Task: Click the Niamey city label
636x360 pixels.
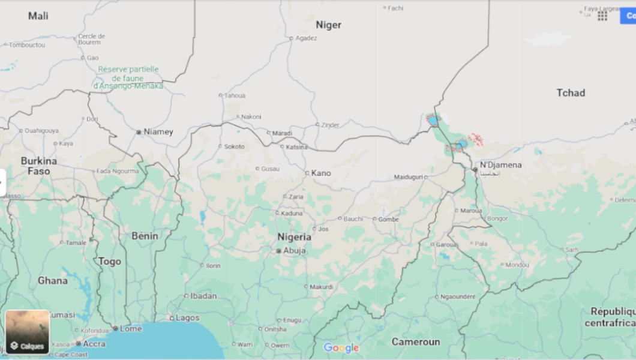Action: point(158,131)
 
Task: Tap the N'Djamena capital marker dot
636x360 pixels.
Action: point(475,170)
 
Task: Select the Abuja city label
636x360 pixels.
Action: point(295,251)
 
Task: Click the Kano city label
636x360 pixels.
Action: point(321,173)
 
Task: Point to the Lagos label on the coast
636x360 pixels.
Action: point(188,318)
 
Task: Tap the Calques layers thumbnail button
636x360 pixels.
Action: point(28,331)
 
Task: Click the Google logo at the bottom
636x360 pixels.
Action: point(341,347)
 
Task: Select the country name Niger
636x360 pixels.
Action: point(328,25)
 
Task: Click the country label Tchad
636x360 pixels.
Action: point(570,92)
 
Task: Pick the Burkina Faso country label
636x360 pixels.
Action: point(39,166)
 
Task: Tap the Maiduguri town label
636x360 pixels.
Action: point(409,177)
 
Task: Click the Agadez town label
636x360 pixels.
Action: point(306,38)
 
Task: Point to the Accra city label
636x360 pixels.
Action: point(94,344)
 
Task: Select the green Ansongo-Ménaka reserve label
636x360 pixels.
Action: point(128,77)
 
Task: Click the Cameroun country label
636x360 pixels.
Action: point(416,341)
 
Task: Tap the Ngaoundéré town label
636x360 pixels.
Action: point(458,296)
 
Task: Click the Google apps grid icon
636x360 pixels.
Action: point(602,16)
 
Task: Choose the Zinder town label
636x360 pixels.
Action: point(331,125)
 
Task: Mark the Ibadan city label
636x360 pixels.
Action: point(204,296)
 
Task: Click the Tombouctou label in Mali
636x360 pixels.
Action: point(26,44)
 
